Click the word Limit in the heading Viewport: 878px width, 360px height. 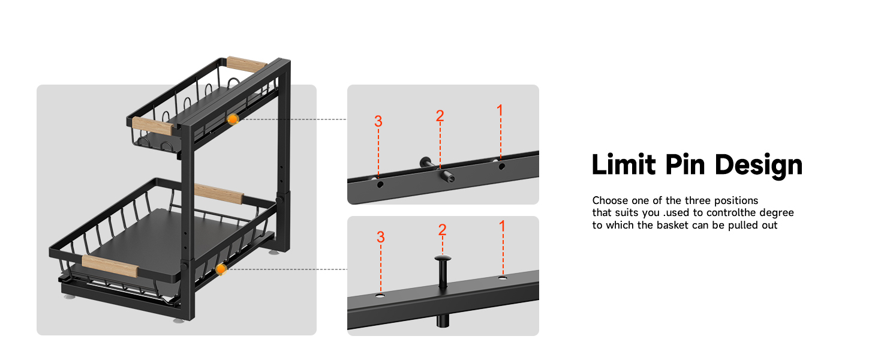click(623, 164)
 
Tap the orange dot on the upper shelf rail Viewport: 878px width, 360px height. click(233, 119)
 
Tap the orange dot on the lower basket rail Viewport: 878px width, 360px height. click(221, 269)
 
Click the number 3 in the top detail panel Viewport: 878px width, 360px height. click(378, 121)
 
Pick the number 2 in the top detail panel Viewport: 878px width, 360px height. click(440, 116)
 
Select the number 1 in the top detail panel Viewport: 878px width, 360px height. click(500, 110)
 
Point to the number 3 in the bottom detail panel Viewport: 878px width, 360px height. click(381, 237)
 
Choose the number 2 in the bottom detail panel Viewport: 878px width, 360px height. click(442, 230)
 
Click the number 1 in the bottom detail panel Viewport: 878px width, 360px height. click(502, 226)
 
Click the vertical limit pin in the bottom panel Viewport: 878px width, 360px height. click(443, 290)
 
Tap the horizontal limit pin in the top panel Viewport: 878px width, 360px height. click(437, 170)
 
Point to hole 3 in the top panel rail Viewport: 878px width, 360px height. click(380, 184)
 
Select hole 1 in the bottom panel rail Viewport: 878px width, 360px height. click(503, 278)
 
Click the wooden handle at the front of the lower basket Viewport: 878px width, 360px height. click(110, 266)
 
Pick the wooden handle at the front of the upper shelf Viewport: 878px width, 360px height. click(152, 126)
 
